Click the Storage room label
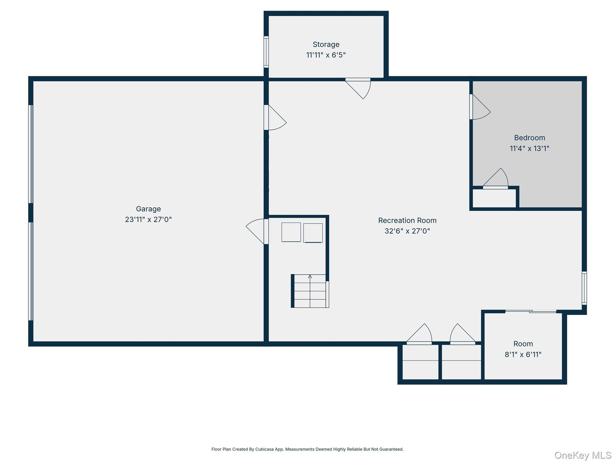pyautogui.click(x=326, y=44)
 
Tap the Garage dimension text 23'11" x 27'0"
pyautogui.click(x=148, y=219)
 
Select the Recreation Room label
pyautogui.click(x=407, y=220)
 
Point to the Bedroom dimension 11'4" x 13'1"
pyautogui.click(x=529, y=148)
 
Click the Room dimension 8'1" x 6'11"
pyautogui.click(x=523, y=354)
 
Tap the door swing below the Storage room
pyautogui.click(x=358, y=88)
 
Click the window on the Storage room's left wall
pyautogui.click(x=266, y=52)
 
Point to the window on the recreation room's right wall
pyautogui.click(x=584, y=288)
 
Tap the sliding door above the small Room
pyautogui.click(x=531, y=311)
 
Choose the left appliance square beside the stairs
pyautogui.click(x=291, y=232)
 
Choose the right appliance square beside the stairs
pyautogui.click(x=313, y=233)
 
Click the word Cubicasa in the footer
pyautogui.click(x=264, y=449)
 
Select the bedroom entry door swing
pyautogui.click(x=480, y=107)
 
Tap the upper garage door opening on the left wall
pyautogui.click(x=31, y=154)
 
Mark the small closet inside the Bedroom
pyautogui.click(x=494, y=198)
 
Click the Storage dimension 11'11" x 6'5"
pyautogui.click(x=326, y=55)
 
